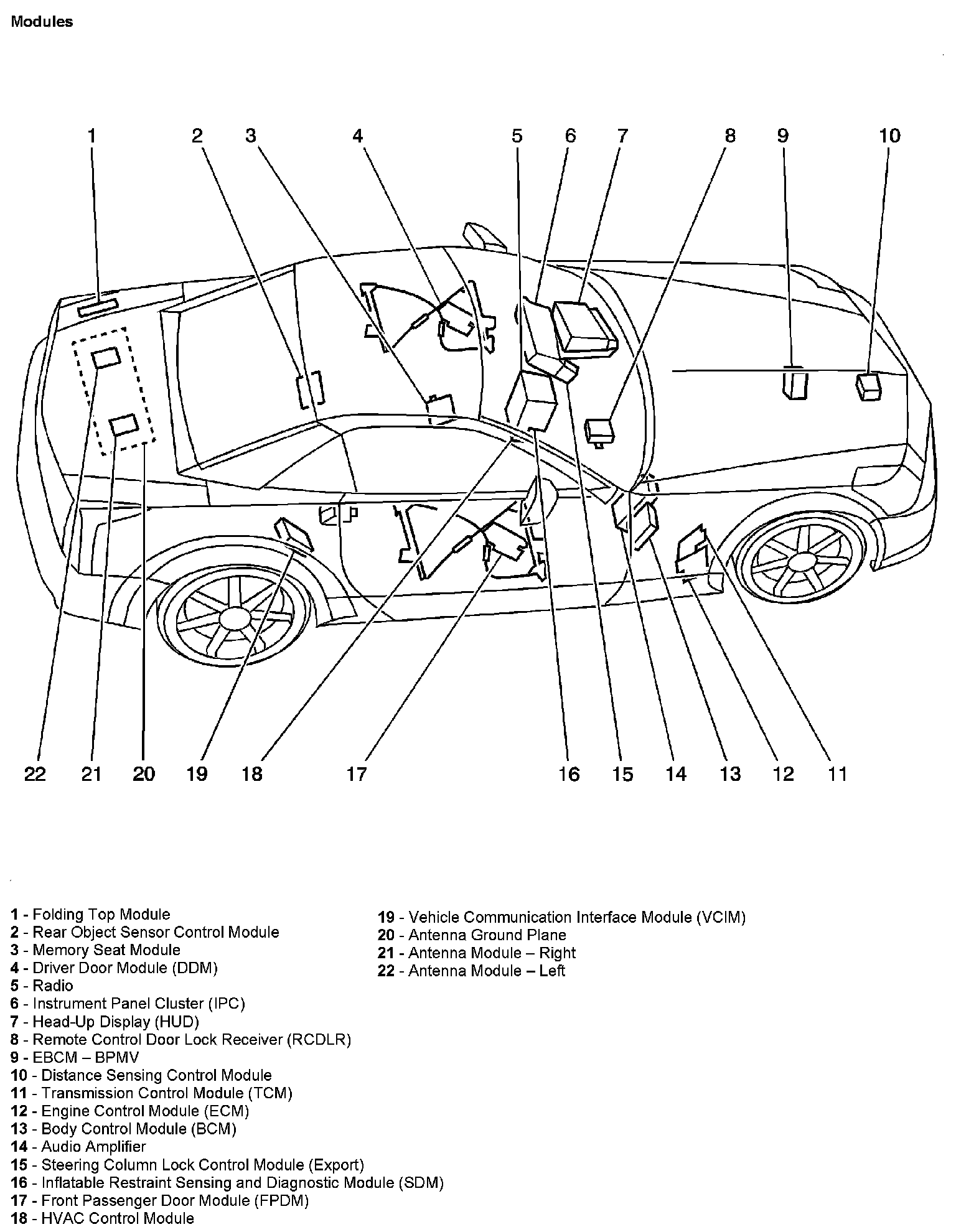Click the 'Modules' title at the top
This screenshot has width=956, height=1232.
42,22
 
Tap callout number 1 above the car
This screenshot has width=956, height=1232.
92,136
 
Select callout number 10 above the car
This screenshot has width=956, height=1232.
889,136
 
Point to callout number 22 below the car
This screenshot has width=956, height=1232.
35,773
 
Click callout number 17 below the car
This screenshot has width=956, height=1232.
357,773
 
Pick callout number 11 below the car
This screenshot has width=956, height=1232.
838,773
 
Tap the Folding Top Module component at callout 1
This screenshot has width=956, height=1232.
98,307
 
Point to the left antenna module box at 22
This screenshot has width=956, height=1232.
106,358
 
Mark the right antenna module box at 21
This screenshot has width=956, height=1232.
123,424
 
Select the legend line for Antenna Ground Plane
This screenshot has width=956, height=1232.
472,935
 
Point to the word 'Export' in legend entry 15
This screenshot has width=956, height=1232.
336,1165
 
